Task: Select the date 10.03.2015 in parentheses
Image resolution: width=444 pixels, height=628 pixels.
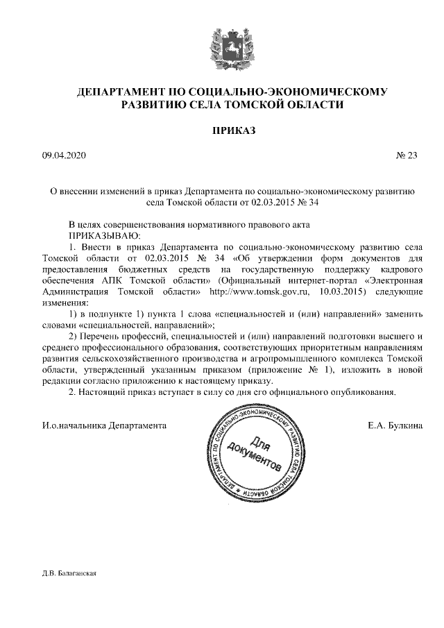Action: (327, 291)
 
